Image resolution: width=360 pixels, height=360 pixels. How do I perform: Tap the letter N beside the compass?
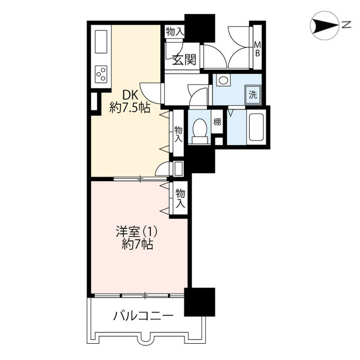click(346, 25)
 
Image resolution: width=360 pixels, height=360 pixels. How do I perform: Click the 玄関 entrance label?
click(184, 60)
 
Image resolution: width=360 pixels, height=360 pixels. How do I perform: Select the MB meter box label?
click(258, 49)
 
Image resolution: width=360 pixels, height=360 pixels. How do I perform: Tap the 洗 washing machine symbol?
click(253, 94)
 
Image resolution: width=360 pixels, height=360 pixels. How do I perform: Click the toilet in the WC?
click(199, 131)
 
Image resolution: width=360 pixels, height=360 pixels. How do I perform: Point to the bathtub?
click(256, 127)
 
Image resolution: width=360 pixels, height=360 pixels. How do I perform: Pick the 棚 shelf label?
click(217, 121)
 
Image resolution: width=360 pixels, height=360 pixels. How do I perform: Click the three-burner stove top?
click(101, 74)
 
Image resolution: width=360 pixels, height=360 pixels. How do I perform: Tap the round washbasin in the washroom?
click(223, 80)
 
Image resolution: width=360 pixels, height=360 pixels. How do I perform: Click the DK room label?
click(130, 94)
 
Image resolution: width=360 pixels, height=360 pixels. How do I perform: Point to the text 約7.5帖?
click(130, 107)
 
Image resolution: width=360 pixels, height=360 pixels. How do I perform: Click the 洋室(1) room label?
click(137, 232)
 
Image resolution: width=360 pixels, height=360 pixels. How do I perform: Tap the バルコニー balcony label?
click(143, 316)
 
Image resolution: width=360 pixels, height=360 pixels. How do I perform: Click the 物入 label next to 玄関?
click(175, 31)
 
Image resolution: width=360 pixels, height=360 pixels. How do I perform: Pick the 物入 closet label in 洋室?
click(181, 198)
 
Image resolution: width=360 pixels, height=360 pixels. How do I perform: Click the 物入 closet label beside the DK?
click(178, 134)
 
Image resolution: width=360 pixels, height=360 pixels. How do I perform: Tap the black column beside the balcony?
click(200, 302)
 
